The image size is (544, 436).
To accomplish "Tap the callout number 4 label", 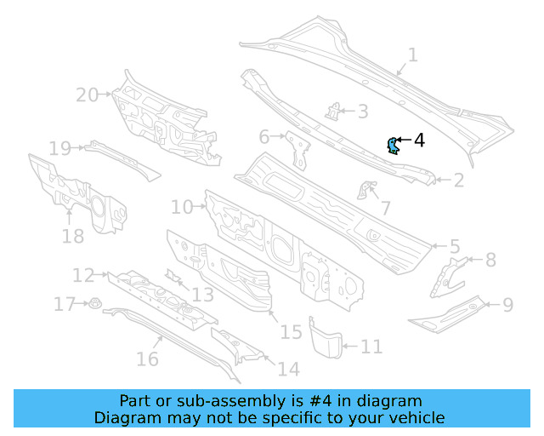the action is pos(419,140).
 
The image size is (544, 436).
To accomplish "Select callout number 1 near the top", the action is pos(412,55).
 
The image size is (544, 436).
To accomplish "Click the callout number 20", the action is pos(88,95).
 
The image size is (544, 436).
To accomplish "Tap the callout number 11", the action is pos(371,347).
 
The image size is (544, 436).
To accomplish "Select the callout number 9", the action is pos(507,304).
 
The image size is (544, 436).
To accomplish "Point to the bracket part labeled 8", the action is pos(449,273).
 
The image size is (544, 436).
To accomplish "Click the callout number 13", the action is pos(201,295).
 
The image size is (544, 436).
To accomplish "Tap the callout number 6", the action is pos(264,136).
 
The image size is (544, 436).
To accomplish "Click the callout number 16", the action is pos(147,359).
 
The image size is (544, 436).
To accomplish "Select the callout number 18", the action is pos(72,236).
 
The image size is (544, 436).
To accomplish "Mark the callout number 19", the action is pos(59,149).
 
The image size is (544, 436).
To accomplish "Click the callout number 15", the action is pos(291,331).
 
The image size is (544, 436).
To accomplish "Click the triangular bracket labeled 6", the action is pos(298,148).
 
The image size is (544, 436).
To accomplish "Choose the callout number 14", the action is pos(289,369).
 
